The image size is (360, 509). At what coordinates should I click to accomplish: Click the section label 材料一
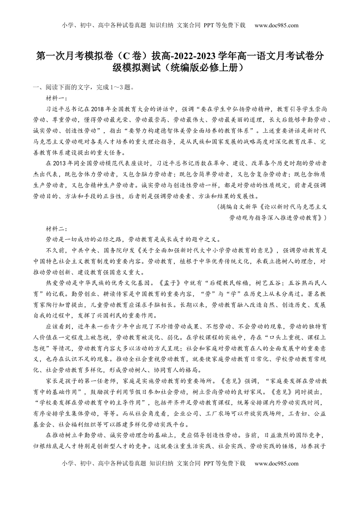pos(56,98)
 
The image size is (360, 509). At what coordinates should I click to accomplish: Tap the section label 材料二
pos(56,229)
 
